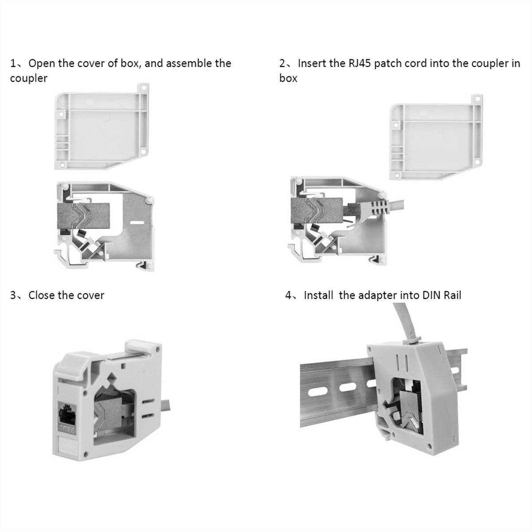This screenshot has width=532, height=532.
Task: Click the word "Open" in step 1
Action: point(42,63)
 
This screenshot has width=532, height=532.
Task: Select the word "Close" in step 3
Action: point(43,295)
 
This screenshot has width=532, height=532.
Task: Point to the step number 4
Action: point(289,295)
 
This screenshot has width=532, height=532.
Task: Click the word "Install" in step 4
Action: point(318,295)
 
